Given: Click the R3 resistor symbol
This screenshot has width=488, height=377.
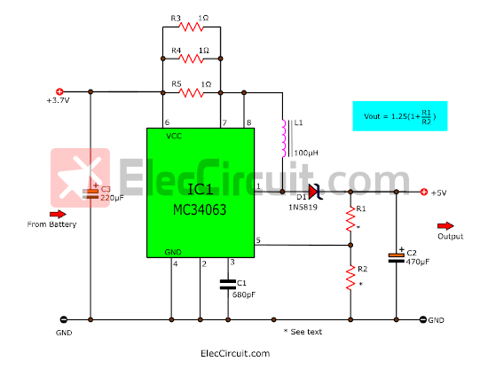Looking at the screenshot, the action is click(x=191, y=27).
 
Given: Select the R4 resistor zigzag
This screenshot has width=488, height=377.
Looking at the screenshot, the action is click(x=191, y=59).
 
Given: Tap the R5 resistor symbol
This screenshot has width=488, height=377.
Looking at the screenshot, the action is click(x=191, y=92).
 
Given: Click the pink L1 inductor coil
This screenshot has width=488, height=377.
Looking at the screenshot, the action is click(x=284, y=138).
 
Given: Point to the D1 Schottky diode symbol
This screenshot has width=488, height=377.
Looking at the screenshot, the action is click(x=315, y=192).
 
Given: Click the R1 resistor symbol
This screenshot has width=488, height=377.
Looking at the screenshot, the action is click(x=350, y=219).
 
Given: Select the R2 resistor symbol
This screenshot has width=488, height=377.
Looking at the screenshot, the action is click(x=350, y=278).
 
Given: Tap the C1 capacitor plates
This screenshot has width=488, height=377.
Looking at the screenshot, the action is click(x=228, y=285).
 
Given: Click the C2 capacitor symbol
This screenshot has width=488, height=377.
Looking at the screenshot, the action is click(x=397, y=257).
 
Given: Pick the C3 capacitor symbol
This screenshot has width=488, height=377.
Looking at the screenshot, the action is click(x=91, y=193).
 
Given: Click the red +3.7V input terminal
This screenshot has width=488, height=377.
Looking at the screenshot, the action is click(x=59, y=91).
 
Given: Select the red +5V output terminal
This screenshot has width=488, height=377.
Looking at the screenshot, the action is click(x=424, y=192).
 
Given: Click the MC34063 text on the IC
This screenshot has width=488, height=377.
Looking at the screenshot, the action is click(x=200, y=210).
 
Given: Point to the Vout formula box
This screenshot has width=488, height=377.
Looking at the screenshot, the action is click(x=400, y=116).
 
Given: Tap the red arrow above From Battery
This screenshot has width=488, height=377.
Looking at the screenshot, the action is click(x=58, y=214).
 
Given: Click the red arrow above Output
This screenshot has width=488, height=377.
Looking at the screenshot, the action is click(x=445, y=226).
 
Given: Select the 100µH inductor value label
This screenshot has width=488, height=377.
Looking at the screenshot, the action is click(x=306, y=153).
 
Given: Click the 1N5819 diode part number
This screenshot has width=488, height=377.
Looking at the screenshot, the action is click(x=303, y=208).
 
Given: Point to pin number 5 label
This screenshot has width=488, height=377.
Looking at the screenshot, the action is click(x=258, y=240).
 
